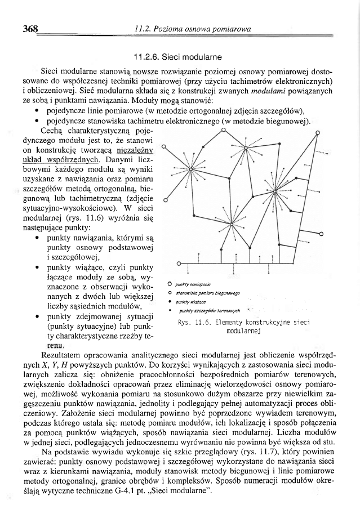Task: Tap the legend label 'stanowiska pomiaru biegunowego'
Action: coord(208,293)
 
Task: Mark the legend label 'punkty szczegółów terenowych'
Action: coord(206,310)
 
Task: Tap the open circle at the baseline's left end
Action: coord(179,262)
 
